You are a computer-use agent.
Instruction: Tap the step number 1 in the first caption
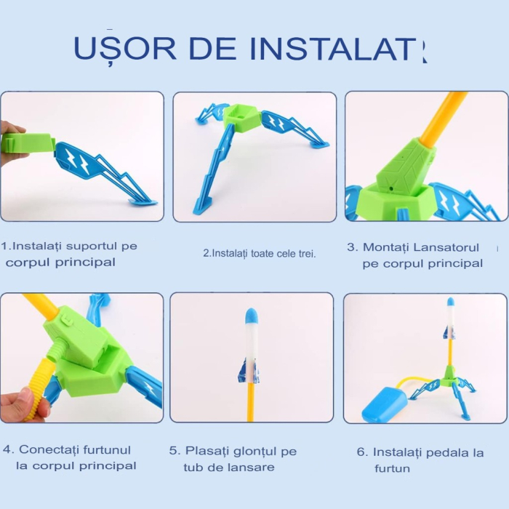coord(6,247)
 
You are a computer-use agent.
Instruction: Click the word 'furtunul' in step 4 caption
coord(108,450)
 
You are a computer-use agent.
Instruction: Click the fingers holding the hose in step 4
coord(20,403)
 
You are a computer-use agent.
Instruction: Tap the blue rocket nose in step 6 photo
coord(451,301)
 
